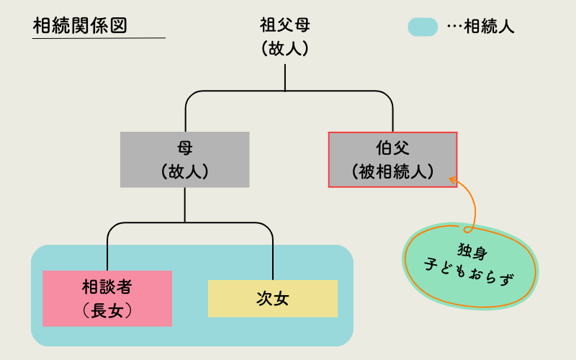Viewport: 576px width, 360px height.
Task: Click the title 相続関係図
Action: click(x=80, y=25)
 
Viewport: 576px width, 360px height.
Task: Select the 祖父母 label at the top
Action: click(x=285, y=26)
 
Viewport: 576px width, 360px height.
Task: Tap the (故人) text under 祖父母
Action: click(x=285, y=49)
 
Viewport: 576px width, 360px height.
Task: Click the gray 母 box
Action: click(x=185, y=160)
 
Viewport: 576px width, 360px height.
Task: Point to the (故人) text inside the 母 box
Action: click(x=185, y=171)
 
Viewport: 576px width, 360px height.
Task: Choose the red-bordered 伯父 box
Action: click(x=392, y=160)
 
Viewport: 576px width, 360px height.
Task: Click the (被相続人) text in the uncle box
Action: click(x=392, y=171)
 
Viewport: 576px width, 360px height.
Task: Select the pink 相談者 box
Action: click(x=107, y=298)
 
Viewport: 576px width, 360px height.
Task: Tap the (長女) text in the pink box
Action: click(x=107, y=310)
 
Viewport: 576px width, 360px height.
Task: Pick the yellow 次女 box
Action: click(x=272, y=299)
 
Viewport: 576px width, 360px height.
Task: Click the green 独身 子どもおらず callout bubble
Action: click(x=472, y=264)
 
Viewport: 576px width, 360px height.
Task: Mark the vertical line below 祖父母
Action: click(x=285, y=78)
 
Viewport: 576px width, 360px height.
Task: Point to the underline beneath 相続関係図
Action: click(x=99, y=37)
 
